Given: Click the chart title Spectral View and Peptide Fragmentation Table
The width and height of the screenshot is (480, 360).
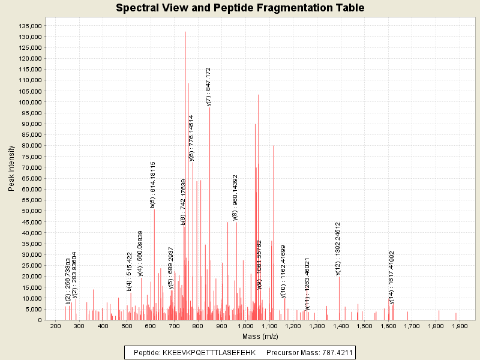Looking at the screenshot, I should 240,8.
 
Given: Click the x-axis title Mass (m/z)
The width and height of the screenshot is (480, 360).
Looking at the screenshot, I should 259,337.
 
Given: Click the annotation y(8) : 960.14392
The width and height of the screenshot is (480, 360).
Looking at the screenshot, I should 235,198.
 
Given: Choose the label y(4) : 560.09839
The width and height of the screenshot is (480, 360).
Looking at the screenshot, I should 140,253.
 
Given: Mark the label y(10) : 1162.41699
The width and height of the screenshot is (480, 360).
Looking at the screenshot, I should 283,271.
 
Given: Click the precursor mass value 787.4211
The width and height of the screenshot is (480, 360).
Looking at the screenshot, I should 332,352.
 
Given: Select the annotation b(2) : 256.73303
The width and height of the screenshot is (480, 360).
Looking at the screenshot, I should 68,280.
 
